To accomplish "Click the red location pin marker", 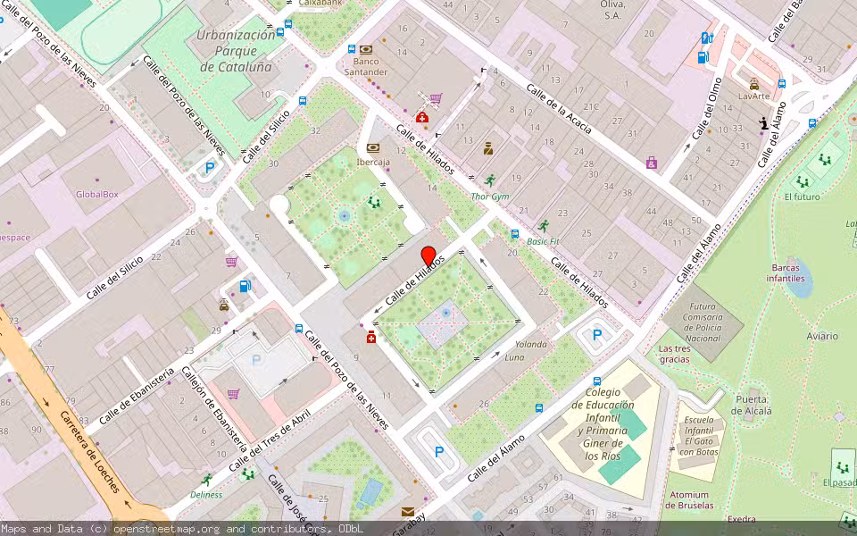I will [428, 255].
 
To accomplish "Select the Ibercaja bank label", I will [372, 163].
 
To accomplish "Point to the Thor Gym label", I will [489, 196].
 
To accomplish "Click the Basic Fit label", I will [542, 241].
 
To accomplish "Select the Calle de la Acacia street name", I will [559, 110].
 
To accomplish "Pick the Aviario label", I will [821, 336].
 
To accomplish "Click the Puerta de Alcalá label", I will [752, 405].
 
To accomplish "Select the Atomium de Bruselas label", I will [689, 500].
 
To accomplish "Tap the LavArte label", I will [753, 96].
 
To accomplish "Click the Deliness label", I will [206, 494].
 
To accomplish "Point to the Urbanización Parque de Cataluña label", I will [236, 51].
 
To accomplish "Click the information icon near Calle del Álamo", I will [763, 123].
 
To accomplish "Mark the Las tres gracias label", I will [674, 354].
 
